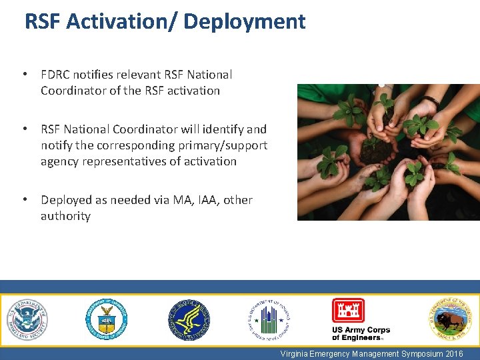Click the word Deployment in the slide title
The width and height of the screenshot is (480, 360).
(244, 22)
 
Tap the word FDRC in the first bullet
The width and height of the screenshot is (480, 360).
(57, 75)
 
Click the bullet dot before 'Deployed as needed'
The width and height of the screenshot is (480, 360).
(24, 200)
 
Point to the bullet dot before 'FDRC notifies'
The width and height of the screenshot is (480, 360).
(24, 75)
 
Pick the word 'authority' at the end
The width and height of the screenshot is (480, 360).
(65, 216)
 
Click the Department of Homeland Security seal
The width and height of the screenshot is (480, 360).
(27, 320)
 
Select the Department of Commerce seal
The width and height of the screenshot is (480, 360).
(106, 320)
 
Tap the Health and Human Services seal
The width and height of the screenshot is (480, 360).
(189, 320)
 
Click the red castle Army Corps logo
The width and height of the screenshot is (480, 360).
(348, 311)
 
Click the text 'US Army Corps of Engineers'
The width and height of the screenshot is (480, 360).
(361, 334)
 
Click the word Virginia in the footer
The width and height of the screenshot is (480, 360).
(295, 354)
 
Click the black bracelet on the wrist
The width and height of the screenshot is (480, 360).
(431, 101)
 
